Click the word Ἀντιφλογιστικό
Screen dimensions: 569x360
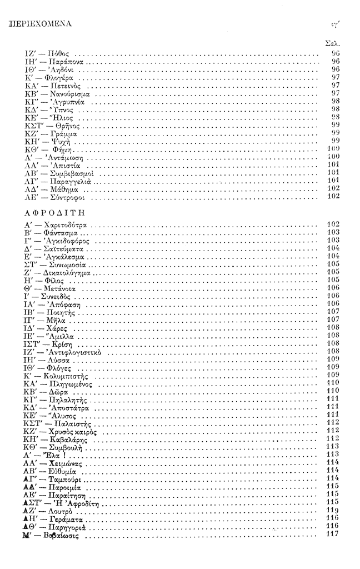[x=77, y=353]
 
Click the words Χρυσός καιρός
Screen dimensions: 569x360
[x=74, y=430]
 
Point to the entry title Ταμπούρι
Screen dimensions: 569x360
[x=66, y=478]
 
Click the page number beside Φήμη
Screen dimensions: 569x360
[x=333, y=150]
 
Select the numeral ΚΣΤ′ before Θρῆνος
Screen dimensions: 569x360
[x=34, y=126]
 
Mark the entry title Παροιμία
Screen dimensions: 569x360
[x=68, y=486]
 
